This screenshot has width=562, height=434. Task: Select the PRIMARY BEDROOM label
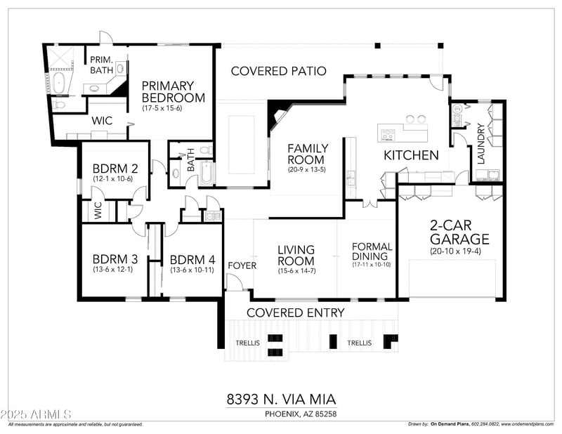click(174, 91)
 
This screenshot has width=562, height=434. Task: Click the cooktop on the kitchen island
click(389, 132)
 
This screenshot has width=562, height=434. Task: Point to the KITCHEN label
click(411, 155)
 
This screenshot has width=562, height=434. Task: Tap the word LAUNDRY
click(481, 144)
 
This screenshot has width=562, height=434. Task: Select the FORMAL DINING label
click(372, 251)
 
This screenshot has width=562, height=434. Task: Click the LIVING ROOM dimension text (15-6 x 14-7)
click(296, 270)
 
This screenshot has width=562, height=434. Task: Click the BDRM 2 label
click(115, 169)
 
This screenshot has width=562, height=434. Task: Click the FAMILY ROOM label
click(307, 154)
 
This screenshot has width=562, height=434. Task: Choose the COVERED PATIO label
click(278, 71)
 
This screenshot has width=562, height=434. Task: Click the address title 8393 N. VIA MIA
click(281, 399)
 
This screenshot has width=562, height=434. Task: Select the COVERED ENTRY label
click(295, 313)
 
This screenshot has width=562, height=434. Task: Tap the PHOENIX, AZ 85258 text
click(300, 414)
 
